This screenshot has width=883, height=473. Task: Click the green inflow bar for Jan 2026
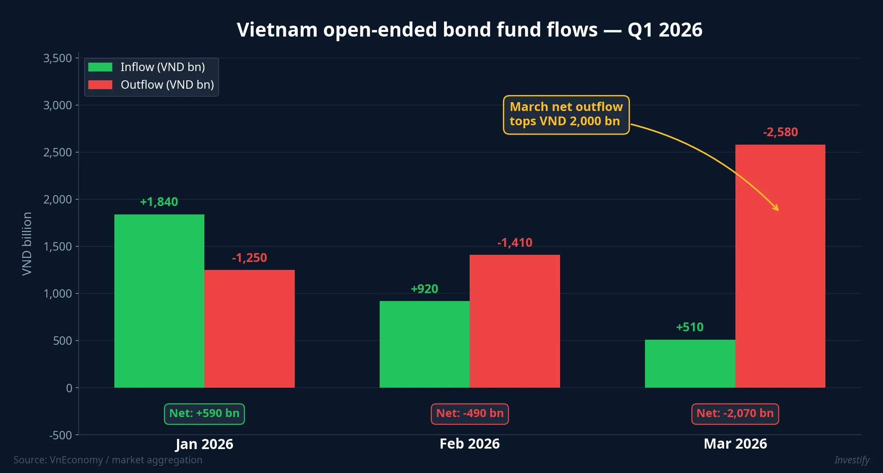coord(159,301)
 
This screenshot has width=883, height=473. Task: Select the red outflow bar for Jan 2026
coord(249,328)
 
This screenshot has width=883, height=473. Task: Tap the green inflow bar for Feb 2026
coord(424,344)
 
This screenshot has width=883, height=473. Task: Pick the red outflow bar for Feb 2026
coord(515,321)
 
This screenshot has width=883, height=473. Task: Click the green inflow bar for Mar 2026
coord(690,363)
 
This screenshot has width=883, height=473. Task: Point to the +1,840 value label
coord(159,202)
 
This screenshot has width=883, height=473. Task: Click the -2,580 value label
coord(780,132)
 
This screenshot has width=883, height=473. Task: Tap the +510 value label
coord(690,327)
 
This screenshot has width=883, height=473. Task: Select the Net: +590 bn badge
coord(204,414)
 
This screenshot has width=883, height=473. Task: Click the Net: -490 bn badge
coord(470,414)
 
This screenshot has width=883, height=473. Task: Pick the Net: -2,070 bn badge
coord(735,414)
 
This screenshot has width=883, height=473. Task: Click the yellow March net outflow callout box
coord(566,114)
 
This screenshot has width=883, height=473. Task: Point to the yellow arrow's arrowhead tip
coord(778,210)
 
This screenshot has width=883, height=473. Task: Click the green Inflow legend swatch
coord(100,67)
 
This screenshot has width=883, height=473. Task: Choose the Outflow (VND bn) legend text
coord(167,85)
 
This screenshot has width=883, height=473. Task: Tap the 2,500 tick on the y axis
coord(58,152)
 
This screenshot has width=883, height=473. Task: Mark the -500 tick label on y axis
coord(61,435)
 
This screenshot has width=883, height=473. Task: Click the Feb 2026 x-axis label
coord(470,444)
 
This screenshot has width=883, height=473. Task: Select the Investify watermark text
coord(852,460)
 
